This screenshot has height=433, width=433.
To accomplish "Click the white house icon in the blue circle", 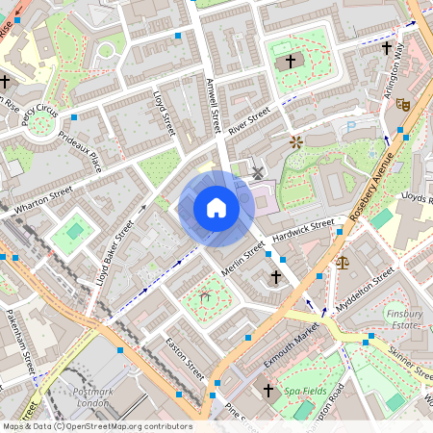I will [216, 208].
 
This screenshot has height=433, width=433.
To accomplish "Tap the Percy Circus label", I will [39, 113].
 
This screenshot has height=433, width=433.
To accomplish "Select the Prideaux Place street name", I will [80, 152].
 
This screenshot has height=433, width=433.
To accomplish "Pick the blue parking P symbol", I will [350, 125].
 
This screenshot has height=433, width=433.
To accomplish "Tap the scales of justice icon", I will [342, 261].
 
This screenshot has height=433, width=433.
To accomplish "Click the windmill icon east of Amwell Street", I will [257, 173].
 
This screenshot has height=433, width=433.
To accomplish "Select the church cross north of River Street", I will [291, 62].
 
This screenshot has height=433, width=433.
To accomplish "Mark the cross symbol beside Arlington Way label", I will [387, 47].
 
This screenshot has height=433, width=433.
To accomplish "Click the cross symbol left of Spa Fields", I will [268, 391].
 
